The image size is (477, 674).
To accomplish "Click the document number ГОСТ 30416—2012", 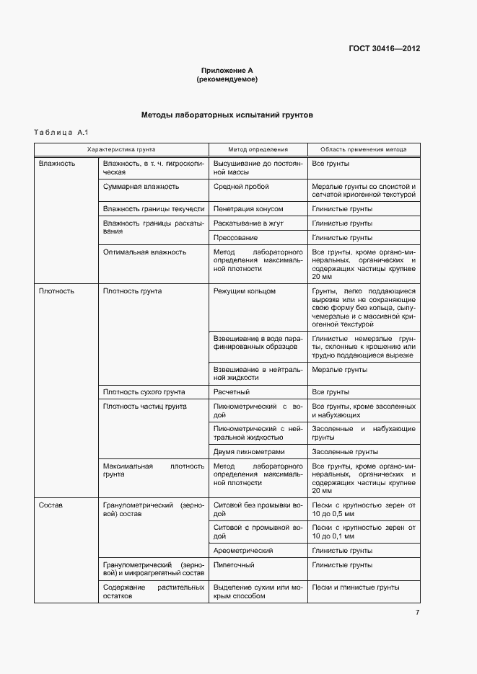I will click(x=383, y=49).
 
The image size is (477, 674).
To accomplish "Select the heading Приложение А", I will click(x=227, y=71).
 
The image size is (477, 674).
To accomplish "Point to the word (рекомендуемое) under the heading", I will click(x=227, y=79).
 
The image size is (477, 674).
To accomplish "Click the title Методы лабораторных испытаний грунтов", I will click(x=227, y=115).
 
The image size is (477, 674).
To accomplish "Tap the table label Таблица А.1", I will click(x=61, y=132).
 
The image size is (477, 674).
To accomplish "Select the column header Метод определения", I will click(x=258, y=150).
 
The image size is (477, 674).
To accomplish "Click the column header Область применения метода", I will click(x=363, y=150).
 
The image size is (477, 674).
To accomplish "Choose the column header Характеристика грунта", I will click(x=121, y=150).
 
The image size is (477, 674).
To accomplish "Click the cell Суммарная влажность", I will click(x=141, y=186).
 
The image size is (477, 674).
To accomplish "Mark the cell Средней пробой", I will click(x=241, y=186).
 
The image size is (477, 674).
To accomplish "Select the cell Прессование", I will click(x=235, y=237).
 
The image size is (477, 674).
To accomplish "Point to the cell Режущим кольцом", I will click(x=245, y=291).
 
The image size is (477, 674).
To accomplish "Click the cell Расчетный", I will click(x=232, y=392).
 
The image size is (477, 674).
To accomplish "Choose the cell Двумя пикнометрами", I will click(x=249, y=452).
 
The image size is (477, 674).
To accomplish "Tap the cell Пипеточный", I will click(x=234, y=565).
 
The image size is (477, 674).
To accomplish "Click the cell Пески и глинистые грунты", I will click(x=355, y=587).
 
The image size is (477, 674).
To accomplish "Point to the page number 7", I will click(x=417, y=613).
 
